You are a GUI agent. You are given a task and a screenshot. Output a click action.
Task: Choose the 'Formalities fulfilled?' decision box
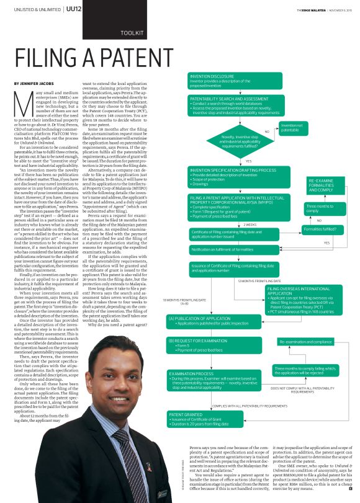tap(320, 229)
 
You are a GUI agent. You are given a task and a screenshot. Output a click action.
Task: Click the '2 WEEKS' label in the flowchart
tap(250, 225)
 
